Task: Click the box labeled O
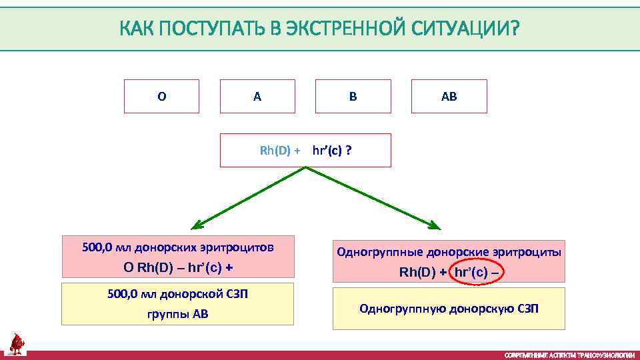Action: [161, 97]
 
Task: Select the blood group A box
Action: [257, 97]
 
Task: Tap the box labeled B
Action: [353, 97]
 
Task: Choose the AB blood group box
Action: [449, 97]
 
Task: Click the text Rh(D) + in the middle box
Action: [279, 151]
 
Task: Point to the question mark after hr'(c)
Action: [349, 151]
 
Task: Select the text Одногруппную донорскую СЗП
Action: [449, 309]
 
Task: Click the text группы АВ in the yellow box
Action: [178, 314]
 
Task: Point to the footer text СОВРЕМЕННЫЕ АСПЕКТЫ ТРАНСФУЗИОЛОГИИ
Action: [569, 355]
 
